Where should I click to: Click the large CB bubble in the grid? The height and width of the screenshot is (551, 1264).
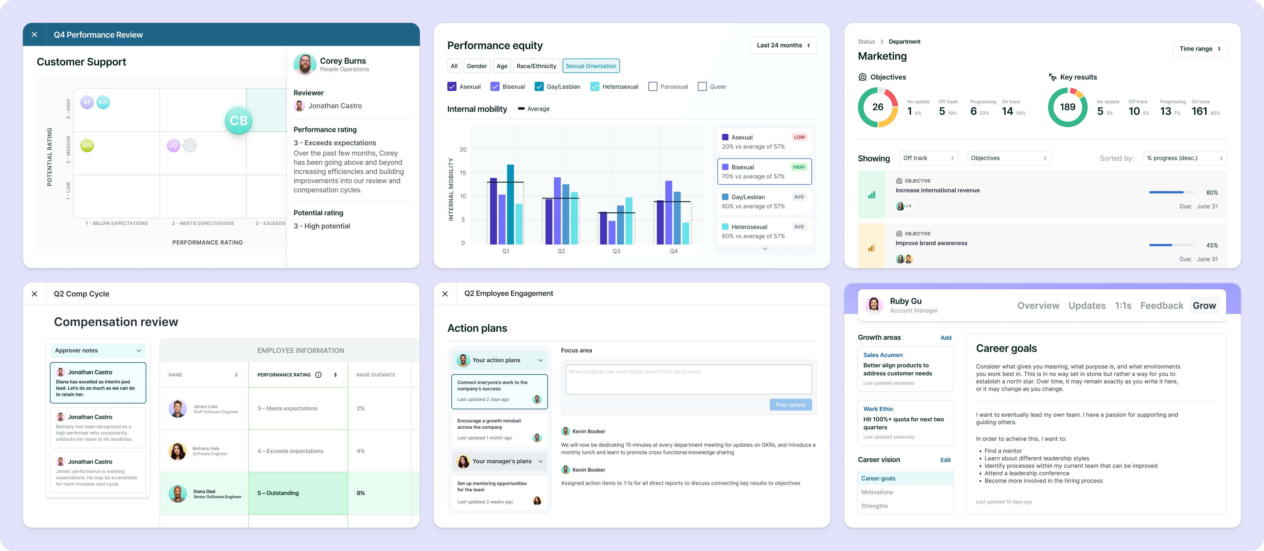[x=239, y=120]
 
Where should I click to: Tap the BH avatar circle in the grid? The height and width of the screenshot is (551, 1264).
[x=87, y=145]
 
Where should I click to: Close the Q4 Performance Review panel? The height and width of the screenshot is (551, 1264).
[x=34, y=35]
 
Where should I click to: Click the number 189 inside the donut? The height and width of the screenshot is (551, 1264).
[x=1067, y=107]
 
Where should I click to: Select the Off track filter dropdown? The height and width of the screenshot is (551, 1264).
[x=928, y=158]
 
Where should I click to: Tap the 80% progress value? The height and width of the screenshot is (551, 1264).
[x=1212, y=193]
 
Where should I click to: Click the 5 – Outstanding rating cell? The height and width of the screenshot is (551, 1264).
[x=298, y=493]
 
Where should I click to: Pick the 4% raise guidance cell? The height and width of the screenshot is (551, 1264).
[x=361, y=451]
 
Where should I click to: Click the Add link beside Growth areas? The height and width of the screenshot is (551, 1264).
[x=945, y=338]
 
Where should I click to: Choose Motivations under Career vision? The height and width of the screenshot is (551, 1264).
[x=877, y=492]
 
